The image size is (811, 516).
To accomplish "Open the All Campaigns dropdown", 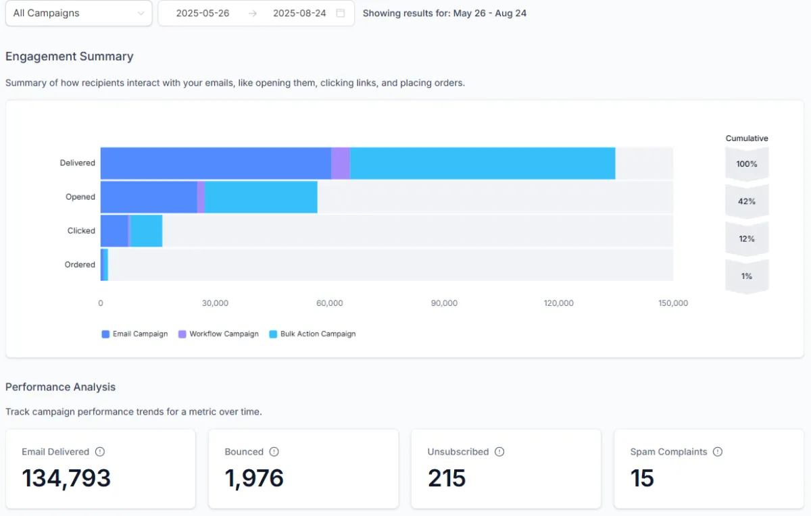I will point(78,13).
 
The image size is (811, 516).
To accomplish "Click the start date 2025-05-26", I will point(203,13).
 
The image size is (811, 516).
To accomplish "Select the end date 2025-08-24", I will point(299,13).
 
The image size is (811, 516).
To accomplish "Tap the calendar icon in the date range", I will point(341,13).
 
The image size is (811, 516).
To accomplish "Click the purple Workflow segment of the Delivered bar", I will point(341,163).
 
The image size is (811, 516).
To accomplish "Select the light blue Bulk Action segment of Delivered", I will point(483,163).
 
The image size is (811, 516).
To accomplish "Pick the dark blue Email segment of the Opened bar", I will point(149,197).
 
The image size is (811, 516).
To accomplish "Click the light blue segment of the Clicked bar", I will point(146,231).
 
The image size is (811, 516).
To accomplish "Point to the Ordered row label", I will point(80,265).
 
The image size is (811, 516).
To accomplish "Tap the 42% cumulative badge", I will point(747,201).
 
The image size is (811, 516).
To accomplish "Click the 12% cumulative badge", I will point(747,238).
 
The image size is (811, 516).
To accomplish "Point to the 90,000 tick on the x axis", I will point(444,303).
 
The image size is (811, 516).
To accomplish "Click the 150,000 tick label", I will point(673,303).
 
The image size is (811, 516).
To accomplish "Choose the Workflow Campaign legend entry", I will point(218,334).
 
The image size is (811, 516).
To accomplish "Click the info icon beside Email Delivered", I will point(100,452).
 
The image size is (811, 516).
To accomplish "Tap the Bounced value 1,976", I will point(254,478).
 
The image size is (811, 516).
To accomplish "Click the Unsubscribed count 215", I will point(447,478).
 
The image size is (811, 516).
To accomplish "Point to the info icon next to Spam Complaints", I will point(718,452).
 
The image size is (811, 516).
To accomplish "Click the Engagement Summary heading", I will point(70,57).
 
